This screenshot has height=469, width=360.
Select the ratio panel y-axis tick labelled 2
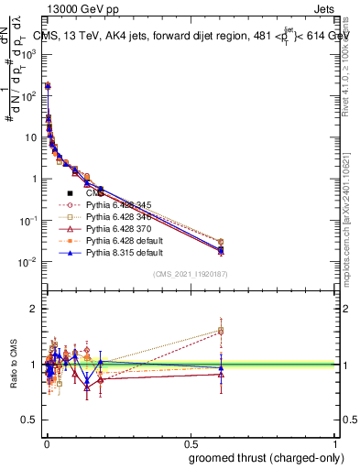(33, 309)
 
